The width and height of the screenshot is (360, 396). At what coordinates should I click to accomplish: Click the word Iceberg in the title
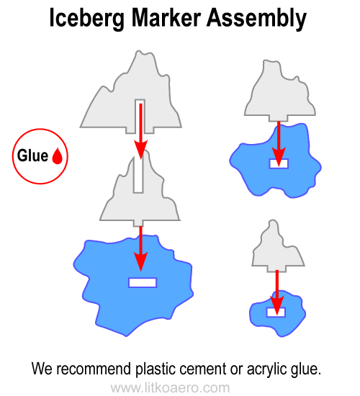tap(86, 18)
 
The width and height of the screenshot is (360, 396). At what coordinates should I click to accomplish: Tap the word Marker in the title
tap(166, 17)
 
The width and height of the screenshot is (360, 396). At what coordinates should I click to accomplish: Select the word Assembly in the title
tap(256, 18)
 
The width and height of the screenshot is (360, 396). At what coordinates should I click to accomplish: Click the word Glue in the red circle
tap(32, 156)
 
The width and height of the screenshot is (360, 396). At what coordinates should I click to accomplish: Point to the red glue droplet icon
tap(58, 156)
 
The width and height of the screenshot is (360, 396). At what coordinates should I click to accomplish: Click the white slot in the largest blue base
tap(143, 283)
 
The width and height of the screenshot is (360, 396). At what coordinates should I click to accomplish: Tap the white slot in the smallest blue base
tap(276, 312)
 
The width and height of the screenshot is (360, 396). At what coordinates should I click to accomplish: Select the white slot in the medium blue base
tap(279, 163)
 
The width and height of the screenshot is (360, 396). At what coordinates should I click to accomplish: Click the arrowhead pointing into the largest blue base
tap(141, 261)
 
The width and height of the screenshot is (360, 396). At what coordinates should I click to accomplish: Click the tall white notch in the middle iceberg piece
tap(138, 174)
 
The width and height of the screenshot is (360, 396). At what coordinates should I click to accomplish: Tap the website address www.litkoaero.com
tap(170, 388)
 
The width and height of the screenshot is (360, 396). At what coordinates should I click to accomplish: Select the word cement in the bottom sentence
tap(203, 369)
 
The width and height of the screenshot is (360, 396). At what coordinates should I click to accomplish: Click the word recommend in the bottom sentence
tap(93, 369)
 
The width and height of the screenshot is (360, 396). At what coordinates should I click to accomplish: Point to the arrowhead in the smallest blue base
tap(277, 306)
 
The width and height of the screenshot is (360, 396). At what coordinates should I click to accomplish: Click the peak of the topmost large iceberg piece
tap(138, 51)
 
